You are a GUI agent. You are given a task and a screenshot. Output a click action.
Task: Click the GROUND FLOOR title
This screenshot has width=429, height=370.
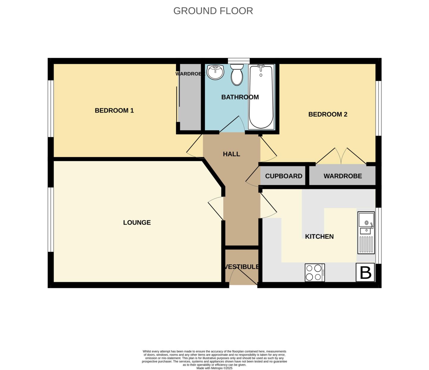pos(213,11)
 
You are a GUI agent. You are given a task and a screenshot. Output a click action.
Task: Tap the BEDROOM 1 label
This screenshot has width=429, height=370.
pos(114,111)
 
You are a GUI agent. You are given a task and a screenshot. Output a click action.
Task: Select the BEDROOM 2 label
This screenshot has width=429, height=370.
pos(328,114)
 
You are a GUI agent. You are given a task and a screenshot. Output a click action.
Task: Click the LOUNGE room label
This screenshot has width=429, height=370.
pos(137,222)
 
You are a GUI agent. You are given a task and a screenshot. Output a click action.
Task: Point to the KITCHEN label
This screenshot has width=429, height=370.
pos(319,236)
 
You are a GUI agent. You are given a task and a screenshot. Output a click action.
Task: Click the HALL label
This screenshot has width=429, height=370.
pos(231,154)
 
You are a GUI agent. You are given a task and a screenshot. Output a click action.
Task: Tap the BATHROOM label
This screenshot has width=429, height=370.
pos(240,97)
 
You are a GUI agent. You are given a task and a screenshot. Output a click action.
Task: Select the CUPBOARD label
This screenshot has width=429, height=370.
pos(284,176)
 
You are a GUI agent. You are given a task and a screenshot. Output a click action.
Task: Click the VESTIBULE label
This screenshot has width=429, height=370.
pos(242,267)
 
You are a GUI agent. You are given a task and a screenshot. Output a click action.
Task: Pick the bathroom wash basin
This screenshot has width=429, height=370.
pos(215,72)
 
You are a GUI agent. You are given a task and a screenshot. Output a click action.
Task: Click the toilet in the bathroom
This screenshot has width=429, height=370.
pos(237,75)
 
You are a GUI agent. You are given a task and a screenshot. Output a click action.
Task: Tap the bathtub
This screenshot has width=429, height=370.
pos(261,97)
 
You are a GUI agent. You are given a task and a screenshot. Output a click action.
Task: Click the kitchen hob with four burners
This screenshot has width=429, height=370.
pos(315,273)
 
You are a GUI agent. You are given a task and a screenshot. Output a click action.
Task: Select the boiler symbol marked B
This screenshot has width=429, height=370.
pos(366,273)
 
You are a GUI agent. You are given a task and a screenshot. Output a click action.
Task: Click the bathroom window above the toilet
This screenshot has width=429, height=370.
pos(239,61)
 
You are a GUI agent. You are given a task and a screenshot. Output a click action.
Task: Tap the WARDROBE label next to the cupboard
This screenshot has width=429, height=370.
pos(343,176)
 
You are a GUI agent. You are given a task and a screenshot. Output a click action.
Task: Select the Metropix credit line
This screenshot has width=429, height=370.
pos(214,368)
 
